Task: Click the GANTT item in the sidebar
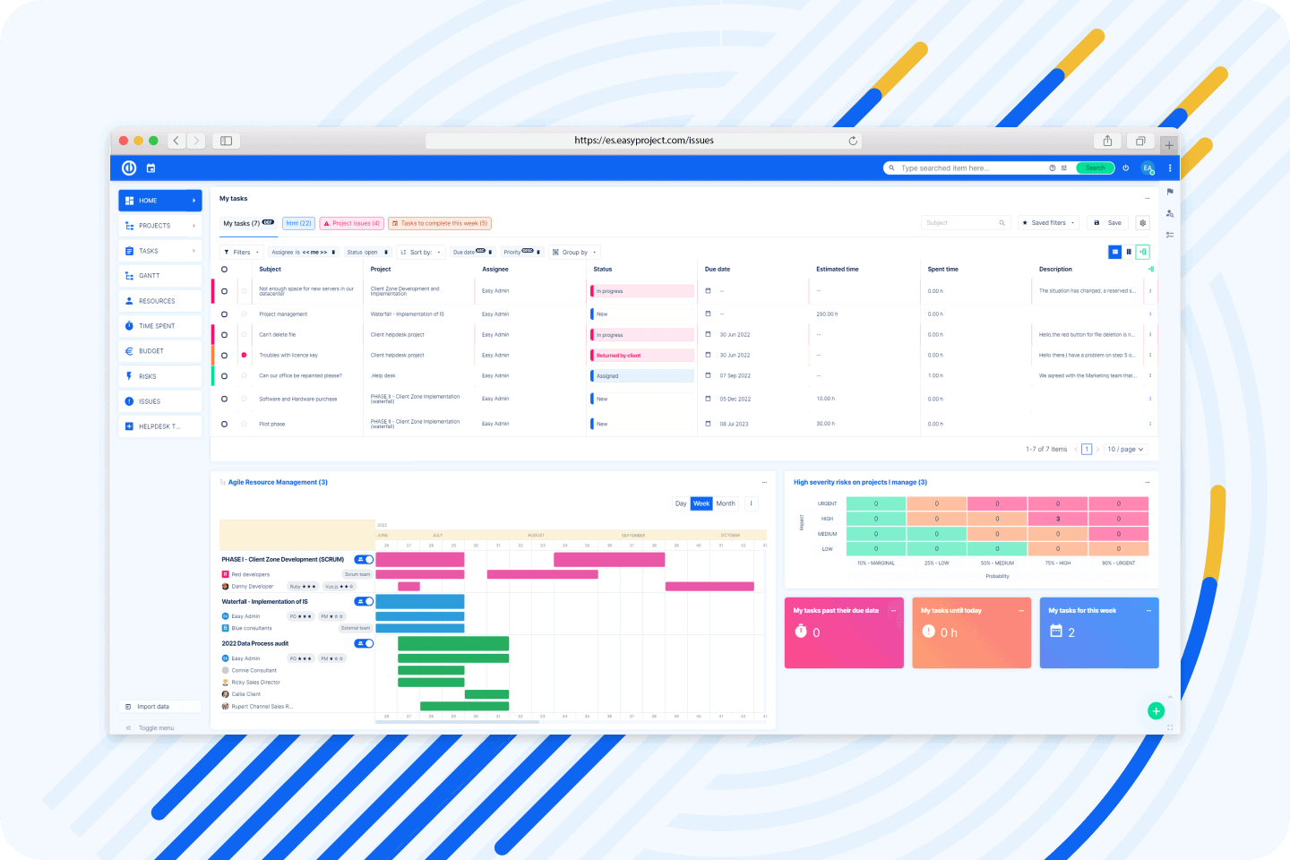[150, 276]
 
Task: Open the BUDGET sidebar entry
[151, 351]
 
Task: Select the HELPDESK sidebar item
[159, 426]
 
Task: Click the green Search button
[1095, 168]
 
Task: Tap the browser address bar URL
[643, 141]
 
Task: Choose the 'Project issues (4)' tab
[352, 223]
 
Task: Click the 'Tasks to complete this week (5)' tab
[440, 223]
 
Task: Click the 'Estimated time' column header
[838, 269]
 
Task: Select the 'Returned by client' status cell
[641, 356]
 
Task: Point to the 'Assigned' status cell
[641, 376]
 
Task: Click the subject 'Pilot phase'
[272, 424]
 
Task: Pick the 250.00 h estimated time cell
[827, 314]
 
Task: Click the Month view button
[726, 503]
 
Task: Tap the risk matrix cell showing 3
[1058, 519]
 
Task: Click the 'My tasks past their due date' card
[844, 632]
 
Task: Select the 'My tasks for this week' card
[1099, 632]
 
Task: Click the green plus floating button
[1156, 711]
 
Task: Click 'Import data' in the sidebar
[153, 707]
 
